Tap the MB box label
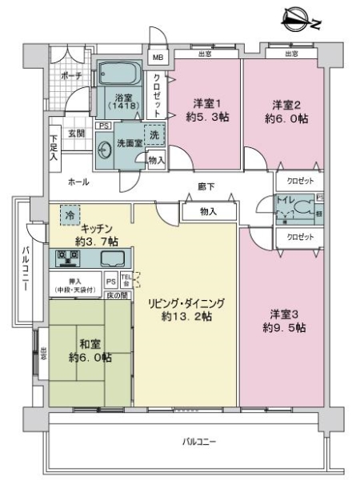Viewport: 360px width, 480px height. coord(158,58)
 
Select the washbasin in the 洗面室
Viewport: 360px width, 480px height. coord(106,148)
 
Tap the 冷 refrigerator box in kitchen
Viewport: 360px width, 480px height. coord(70,215)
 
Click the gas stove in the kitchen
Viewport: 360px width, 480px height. coord(70,258)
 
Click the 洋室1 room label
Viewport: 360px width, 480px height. coord(206,104)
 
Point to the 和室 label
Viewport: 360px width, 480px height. coord(89,345)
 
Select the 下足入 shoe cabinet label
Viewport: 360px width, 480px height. coord(53,145)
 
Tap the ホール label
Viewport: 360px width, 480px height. coord(78,182)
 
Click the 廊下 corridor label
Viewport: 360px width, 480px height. coord(206,186)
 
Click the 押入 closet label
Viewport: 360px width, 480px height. coord(76,281)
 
